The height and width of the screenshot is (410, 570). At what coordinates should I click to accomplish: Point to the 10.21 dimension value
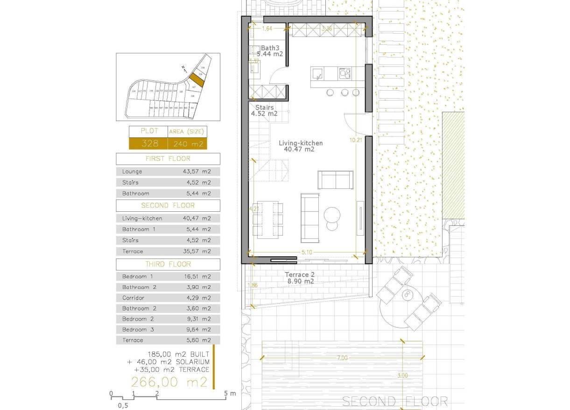[356, 139]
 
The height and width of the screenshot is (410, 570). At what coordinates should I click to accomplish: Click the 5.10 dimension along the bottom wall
[307, 252]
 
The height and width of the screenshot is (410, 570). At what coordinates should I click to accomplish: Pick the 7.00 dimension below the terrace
[342, 358]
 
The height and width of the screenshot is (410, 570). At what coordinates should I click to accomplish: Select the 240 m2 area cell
[187, 144]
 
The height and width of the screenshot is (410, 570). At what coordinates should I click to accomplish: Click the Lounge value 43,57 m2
[197, 172]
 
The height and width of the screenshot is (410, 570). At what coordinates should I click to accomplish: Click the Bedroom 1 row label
[138, 276]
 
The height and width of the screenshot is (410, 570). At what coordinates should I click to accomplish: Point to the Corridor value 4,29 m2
[197, 298]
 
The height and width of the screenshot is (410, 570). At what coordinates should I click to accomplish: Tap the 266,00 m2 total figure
[169, 382]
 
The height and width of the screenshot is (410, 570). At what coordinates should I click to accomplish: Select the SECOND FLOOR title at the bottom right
[395, 401]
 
